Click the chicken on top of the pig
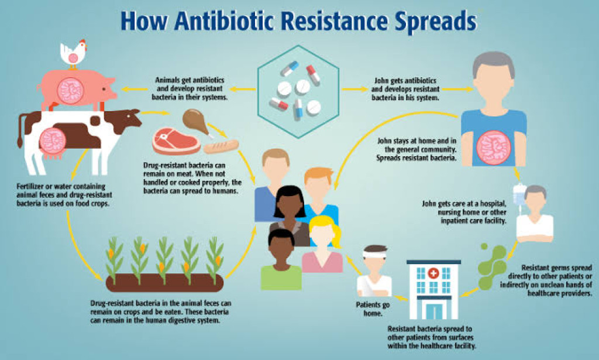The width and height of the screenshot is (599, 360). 73,52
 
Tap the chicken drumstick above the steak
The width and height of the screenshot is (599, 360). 194,119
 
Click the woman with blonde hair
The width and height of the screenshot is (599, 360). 323,246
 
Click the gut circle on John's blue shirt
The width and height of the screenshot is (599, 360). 493,146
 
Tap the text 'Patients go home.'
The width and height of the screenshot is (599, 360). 369,308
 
